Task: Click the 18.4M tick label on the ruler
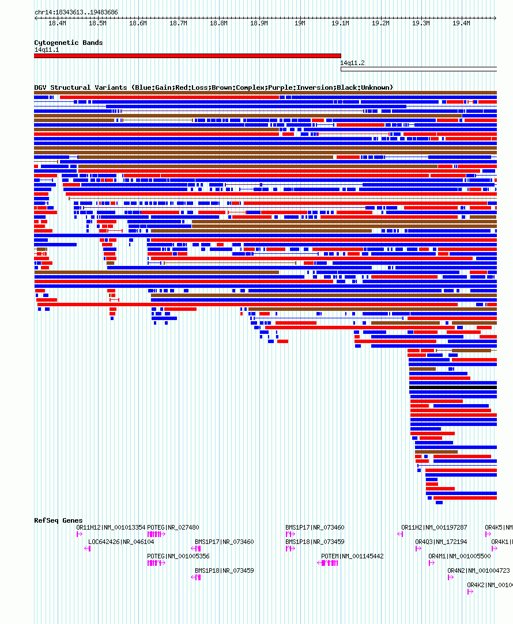click(x=57, y=23)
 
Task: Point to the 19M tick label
click(x=300, y=23)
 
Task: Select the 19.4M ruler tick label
click(x=461, y=23)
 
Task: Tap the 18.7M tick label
click(x=178, y=23)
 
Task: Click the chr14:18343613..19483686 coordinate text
click(x=76, y=12)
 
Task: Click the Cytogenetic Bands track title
click(x=69, y=43)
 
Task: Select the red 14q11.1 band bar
click(x=187, y=56)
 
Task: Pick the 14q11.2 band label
click(x=352, y=63)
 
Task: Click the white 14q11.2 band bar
click(x=418, y=69)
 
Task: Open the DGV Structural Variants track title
click(x=213, y=87)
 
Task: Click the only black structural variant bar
click(x=453, y=387)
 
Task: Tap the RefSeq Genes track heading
click(x=58, y=520)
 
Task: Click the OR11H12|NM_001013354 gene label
click(x=111, y=527)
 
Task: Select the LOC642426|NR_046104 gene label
click(x=121, y=542)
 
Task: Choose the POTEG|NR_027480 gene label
click(x=173, y=527)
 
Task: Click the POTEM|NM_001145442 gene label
click(x=352, y=556)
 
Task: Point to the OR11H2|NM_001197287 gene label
click(x=434, y=527)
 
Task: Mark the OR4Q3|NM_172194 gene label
click(x=441, y=542)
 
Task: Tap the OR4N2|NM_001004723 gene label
click(x=478, y=570)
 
